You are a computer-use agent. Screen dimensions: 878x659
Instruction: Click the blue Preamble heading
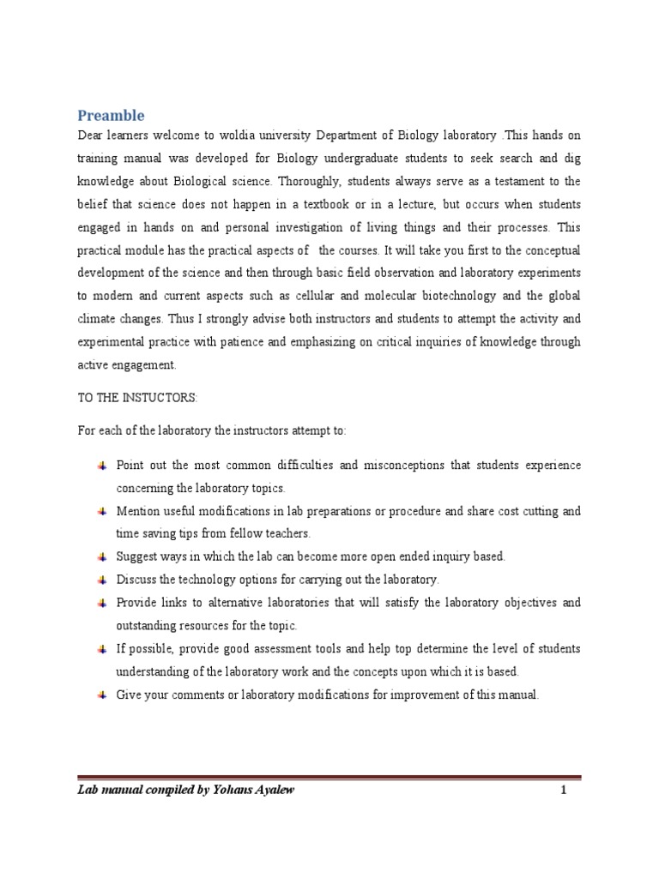pos(111,115)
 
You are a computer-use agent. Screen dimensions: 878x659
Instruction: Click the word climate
pos(97,319)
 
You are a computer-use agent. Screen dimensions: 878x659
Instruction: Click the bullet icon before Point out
pos(100,466)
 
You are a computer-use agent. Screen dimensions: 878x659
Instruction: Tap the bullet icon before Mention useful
pos(100,511)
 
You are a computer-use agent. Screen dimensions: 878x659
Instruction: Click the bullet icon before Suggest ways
pos(100,556)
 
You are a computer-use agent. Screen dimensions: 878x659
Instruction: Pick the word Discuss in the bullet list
pos(136,580)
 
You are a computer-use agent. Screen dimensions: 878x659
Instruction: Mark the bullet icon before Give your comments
pos(100,695)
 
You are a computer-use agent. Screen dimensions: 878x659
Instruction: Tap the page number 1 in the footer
pos(564,791)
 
